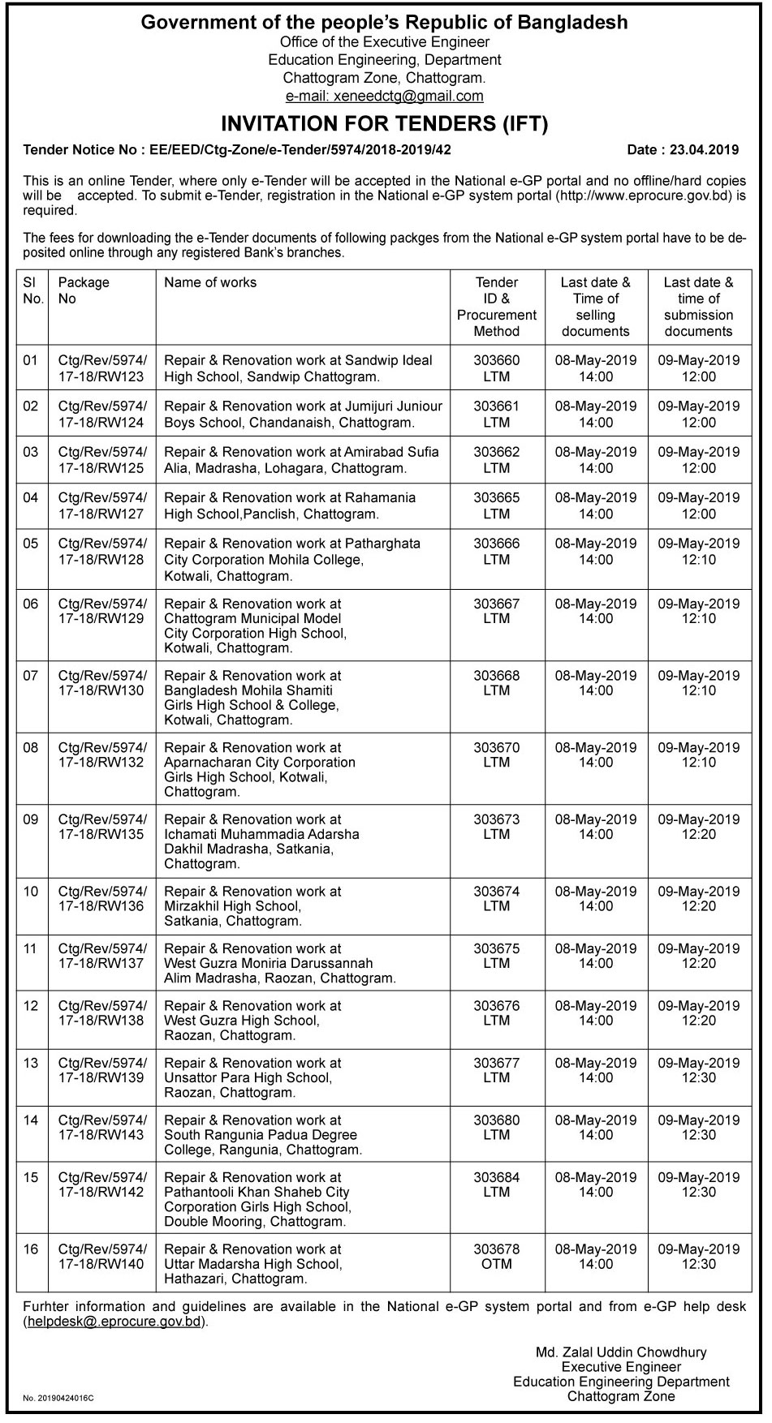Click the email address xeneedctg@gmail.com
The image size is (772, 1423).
pos(385,96)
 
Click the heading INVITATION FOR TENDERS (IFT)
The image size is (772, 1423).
pos(385,124)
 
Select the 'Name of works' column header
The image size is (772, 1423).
pos(210,282)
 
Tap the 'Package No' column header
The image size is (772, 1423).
pos(84,290)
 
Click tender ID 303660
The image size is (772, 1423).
pos(497,360)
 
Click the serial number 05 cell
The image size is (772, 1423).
pos(31,544)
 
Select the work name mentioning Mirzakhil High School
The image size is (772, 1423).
pos(252,906)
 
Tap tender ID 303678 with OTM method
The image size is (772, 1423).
pos(497,1257)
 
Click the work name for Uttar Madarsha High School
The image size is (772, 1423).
pos(252,1264)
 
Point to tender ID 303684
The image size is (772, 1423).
pos(497,1177)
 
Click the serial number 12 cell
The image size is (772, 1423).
pos(31,1006)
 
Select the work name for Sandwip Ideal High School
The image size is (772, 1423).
pos(298,368)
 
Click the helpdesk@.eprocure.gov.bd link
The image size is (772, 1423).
pos(114,1322)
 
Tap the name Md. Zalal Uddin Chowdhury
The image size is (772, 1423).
pos(621,1352)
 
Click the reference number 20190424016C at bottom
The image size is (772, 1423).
pos(58,1398)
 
